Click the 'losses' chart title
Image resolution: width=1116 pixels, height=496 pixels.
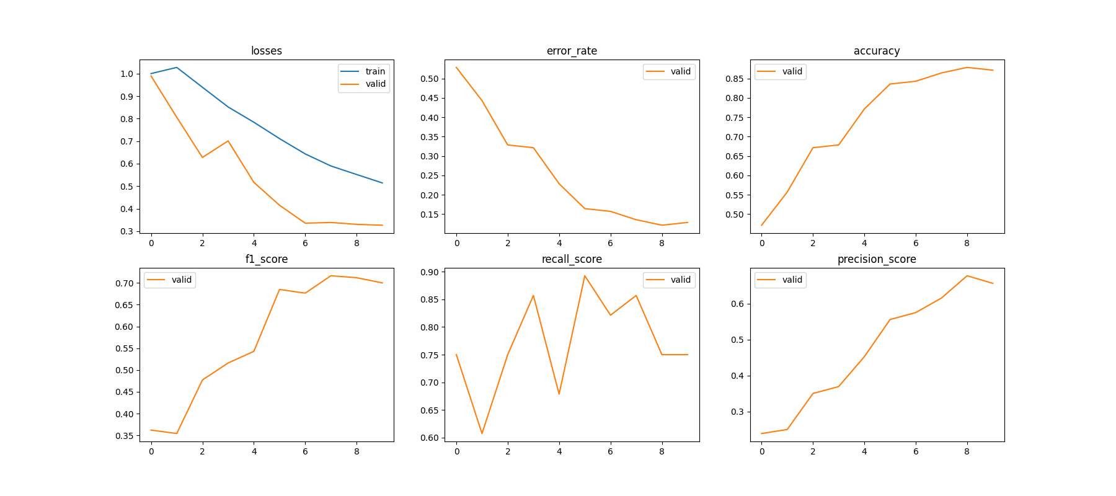[x=267, y=51]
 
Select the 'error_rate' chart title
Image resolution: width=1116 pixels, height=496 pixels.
[x=572, y=51]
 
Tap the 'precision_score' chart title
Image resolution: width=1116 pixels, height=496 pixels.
[x=877, y=259]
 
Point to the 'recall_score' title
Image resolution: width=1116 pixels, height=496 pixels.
[x=572, y=259]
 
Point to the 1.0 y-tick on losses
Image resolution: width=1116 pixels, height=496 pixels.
[x=126, y=74]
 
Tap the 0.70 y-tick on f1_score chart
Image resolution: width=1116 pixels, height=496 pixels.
[x=124, y=283]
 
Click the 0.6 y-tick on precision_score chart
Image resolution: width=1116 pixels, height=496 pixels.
[x=737, y=304]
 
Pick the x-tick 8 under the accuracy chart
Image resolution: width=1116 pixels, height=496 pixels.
[x=967, y=243]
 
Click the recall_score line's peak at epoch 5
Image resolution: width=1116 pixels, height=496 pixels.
[x=585, y=276]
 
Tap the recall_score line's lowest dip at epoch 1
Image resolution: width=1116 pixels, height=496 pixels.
[x=482, y=433]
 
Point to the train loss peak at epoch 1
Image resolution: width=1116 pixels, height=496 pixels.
[x=177, y=68]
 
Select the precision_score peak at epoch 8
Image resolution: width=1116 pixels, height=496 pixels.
[x=967, y=276]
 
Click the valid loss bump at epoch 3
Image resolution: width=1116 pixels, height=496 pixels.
[x=228, y=141]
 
